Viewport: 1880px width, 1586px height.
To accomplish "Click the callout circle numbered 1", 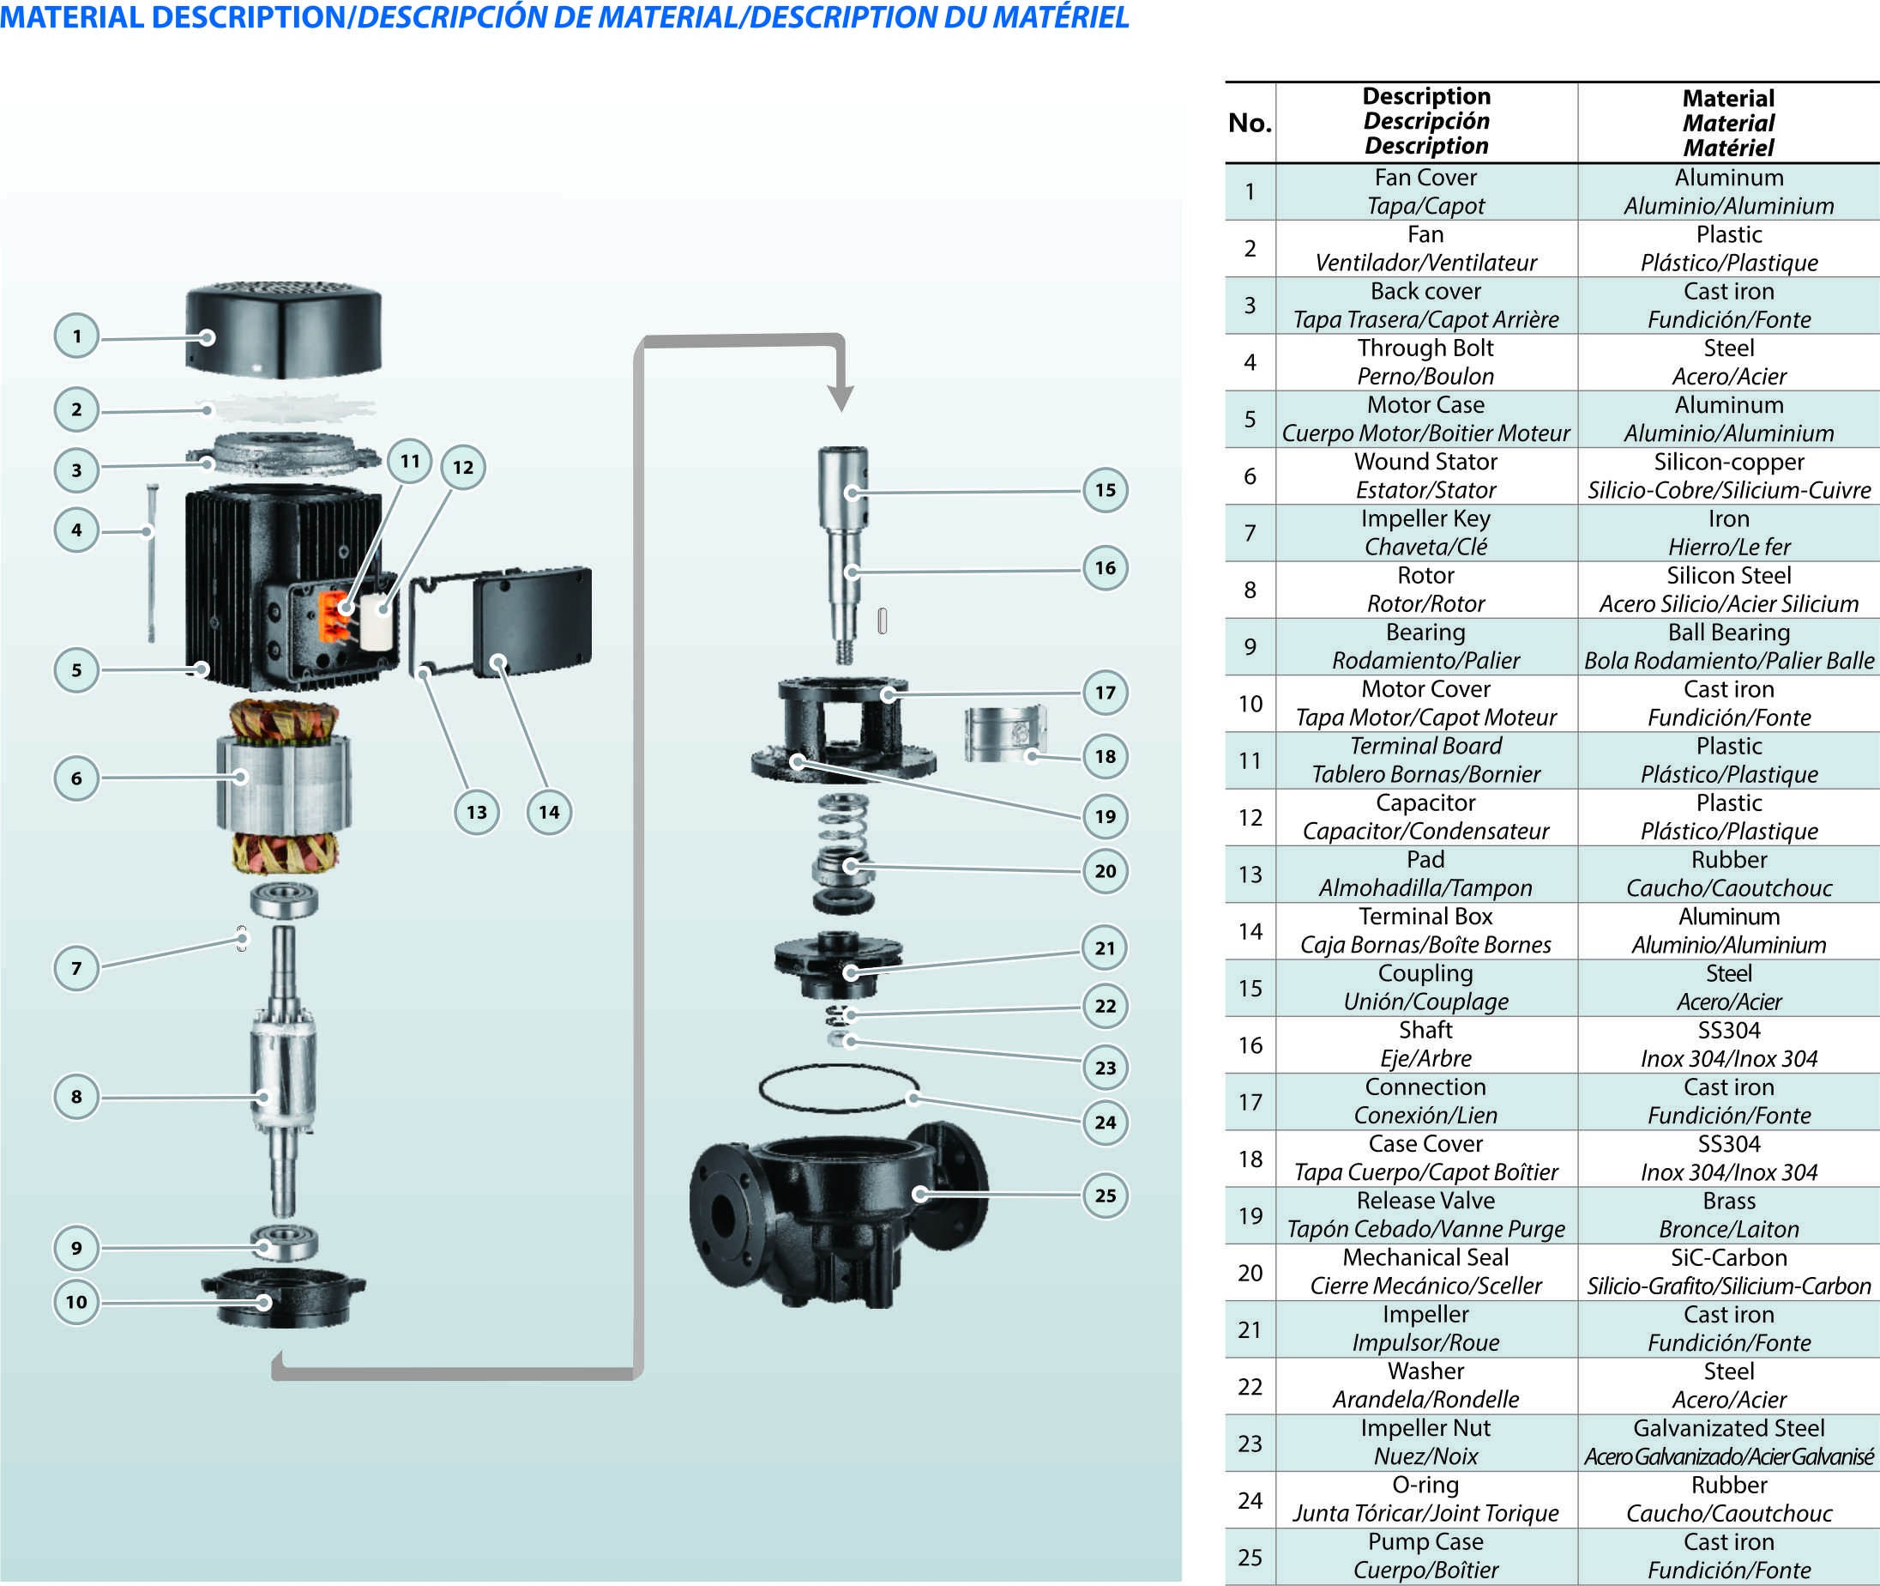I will (x=76, y=336).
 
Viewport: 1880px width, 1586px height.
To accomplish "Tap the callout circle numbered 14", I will (x=549, y=812).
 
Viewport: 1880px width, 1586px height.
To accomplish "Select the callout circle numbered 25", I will (x=1105, y=1195).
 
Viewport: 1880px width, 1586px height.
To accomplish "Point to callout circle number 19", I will (x=1105, y=815).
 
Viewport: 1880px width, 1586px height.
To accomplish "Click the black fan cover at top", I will (x=284, y=330).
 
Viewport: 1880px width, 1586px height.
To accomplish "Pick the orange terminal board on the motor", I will (x=334, y=616).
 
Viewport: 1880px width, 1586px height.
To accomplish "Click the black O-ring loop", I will (x=839, y=1089).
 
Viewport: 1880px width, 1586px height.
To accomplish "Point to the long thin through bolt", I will (x=152, y=562).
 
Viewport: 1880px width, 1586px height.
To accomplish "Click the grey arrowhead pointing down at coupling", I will (x=841, y=396).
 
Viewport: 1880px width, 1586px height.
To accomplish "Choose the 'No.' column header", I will (x=1249, y=124).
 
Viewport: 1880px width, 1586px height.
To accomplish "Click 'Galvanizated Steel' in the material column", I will (x=1728, y=1429).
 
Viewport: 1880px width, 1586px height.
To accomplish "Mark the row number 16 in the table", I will (x=1249, y=1044).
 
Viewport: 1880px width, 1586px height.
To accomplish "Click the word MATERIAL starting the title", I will (x=72, y=17).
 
